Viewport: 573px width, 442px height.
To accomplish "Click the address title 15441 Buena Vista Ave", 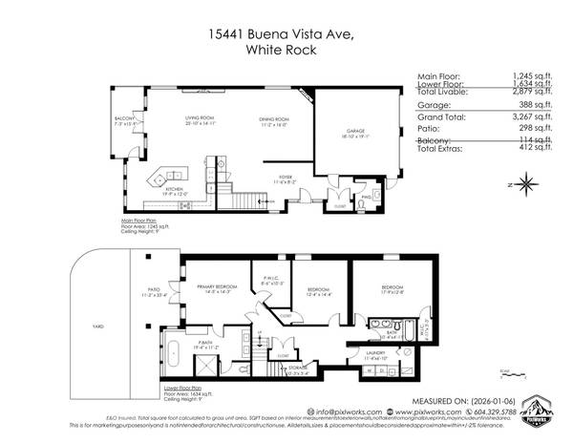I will click(x=286, y=34).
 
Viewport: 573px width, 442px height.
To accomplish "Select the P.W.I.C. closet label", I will click(x=273, y=280).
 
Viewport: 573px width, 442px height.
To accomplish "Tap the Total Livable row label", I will click(x=449, y=94).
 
